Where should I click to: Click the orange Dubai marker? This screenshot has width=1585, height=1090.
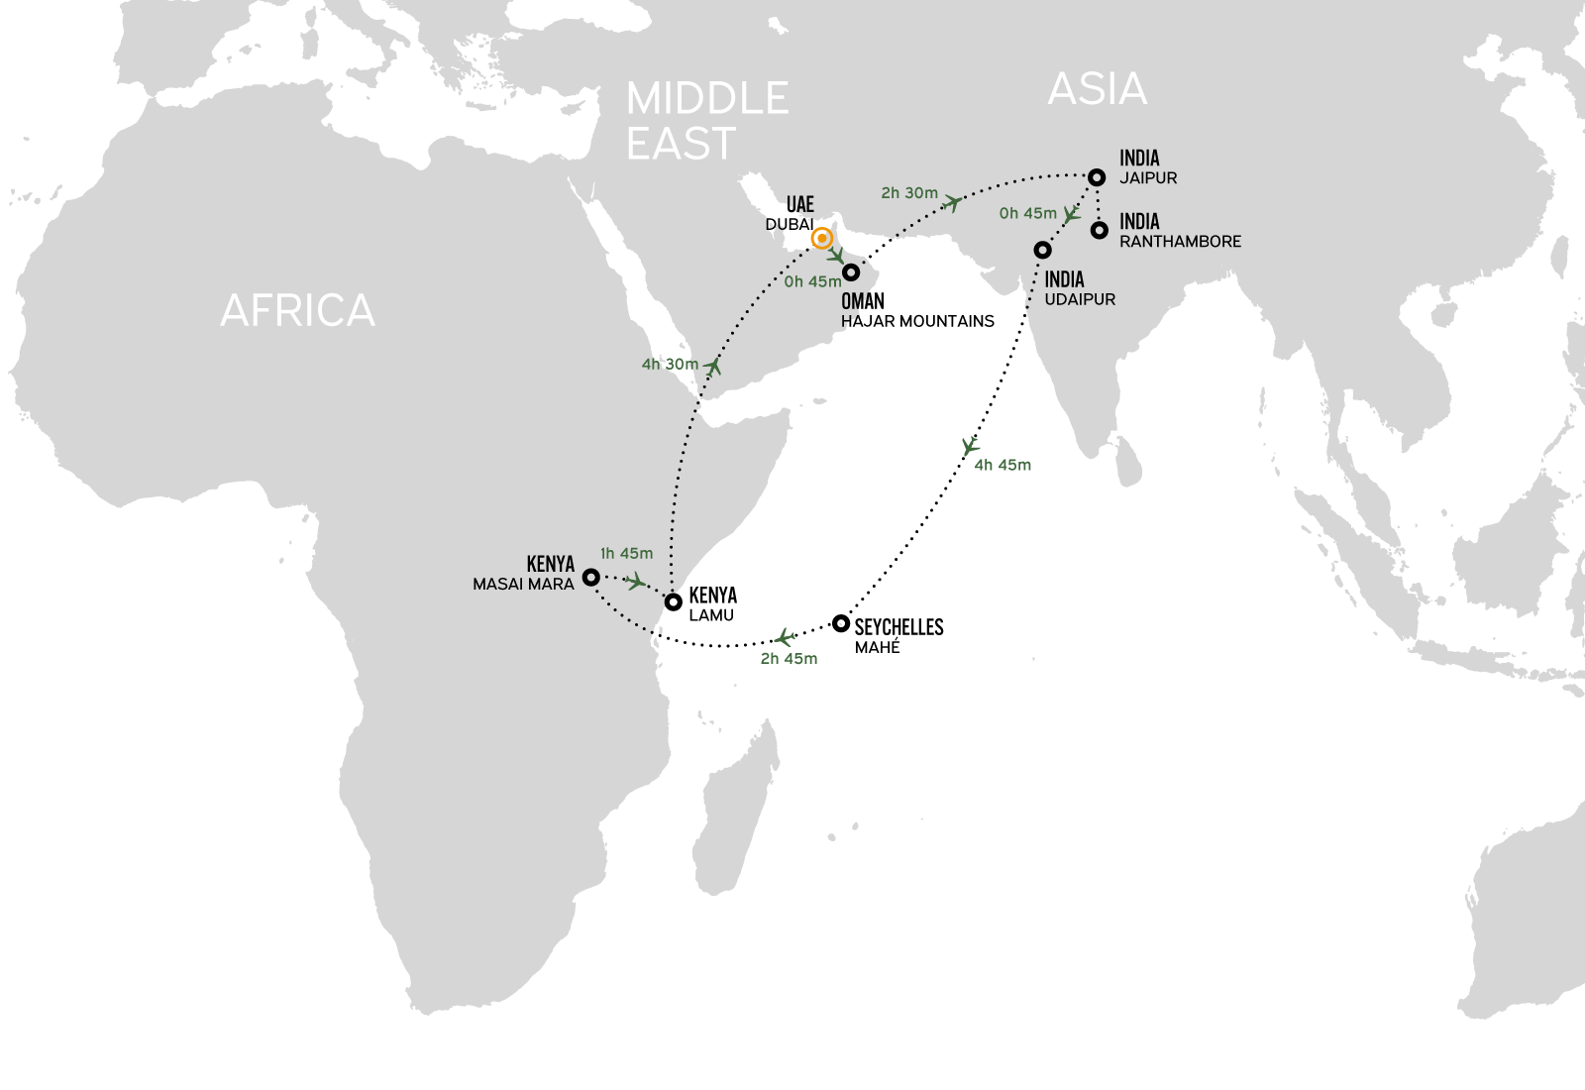821,239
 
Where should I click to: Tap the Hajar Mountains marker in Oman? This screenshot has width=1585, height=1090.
850,272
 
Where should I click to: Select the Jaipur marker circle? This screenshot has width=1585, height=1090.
1097,177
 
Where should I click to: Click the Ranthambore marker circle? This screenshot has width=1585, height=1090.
1099,231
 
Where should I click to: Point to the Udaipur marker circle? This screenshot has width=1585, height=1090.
1042,251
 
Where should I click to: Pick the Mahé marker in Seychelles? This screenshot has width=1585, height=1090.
841,623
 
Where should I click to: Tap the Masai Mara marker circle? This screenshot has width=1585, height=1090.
590,577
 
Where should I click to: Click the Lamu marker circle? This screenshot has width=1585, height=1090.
673,601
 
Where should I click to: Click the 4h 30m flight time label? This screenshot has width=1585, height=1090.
670,365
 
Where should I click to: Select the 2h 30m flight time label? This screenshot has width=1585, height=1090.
908,193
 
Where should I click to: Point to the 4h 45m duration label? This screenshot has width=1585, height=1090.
1003,465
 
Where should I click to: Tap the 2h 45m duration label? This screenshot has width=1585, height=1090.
789,658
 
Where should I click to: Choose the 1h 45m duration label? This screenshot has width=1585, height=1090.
626,554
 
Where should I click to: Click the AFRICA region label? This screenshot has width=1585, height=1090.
297,310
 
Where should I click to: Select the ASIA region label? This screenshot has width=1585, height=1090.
1097,90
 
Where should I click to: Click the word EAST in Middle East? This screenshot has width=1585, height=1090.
682,145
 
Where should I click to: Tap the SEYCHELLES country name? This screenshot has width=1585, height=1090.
898,627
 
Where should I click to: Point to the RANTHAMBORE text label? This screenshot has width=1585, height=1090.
1180,242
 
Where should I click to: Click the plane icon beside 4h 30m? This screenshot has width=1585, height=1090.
713,367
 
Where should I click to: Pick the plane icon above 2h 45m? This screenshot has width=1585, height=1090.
785,637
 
